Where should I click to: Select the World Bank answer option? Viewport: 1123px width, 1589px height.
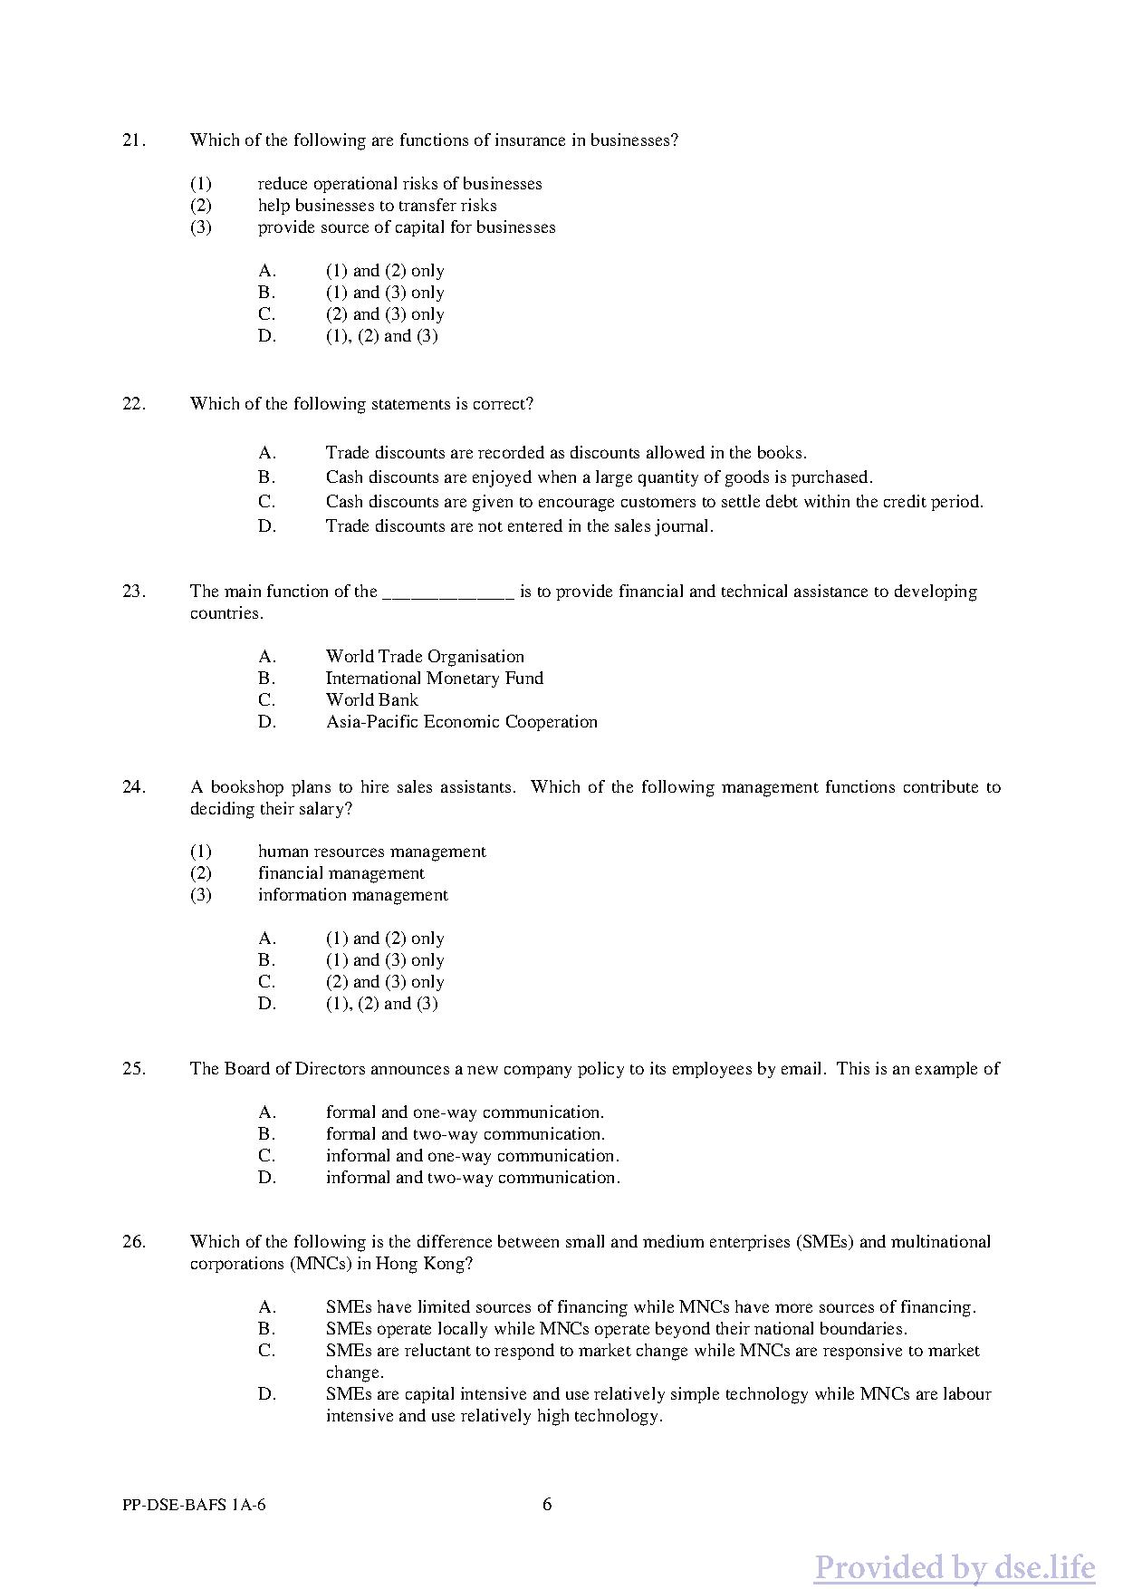pos(371,700)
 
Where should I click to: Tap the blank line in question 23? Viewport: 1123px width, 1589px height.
pos(448,594)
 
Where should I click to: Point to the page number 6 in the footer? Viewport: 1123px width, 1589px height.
pos(547,1505)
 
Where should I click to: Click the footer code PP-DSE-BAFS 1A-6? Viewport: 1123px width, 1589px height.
pos(194,1506)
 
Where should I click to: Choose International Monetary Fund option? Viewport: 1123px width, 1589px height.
pos(434,679)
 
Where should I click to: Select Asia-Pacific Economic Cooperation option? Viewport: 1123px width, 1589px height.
pos(461,722)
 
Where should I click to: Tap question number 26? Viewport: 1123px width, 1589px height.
pos(133,1242)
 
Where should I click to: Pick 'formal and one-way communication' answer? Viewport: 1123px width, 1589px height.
pos(465,1112)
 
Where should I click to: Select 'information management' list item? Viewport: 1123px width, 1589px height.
pos(352,895)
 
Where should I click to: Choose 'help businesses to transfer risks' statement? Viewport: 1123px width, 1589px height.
pos(377,206)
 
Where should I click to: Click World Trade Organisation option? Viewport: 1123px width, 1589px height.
pos(425,657)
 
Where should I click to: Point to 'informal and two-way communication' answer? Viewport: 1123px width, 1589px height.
pos(473,1178)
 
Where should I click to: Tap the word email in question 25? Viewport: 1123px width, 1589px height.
pos(802,1069)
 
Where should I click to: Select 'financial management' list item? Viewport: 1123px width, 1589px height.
pos(341,873)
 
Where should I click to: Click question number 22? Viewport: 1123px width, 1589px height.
pos(133,404)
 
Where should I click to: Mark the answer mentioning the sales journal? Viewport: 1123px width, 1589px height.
pos(519,526)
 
